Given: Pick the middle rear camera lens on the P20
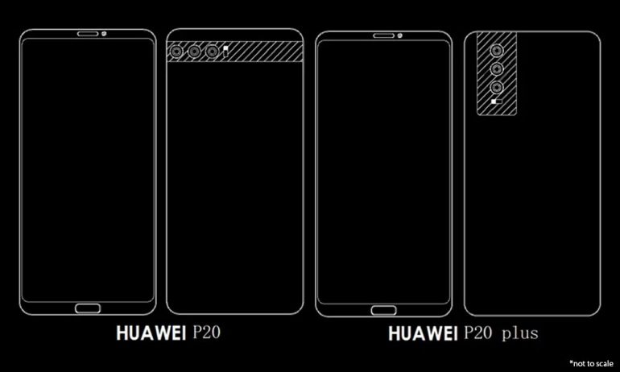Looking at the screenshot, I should coord(194,52).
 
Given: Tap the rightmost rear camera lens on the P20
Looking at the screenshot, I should coord(212,52).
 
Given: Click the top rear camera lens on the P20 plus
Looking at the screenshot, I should coord(496,49).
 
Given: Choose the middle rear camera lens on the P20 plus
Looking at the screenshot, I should coord(496,68).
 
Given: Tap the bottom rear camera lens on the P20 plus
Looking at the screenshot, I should coord(496,86).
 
